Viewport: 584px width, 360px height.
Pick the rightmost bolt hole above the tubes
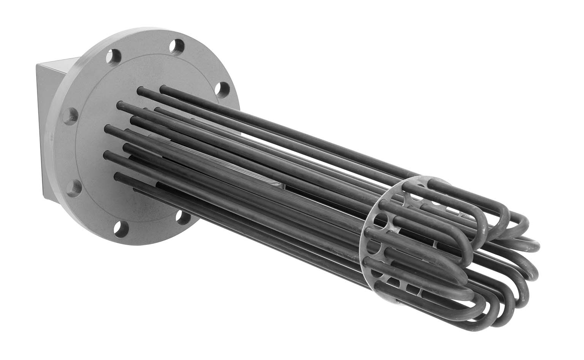221,90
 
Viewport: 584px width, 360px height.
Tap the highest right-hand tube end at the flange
163,89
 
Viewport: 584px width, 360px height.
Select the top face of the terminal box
57,61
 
